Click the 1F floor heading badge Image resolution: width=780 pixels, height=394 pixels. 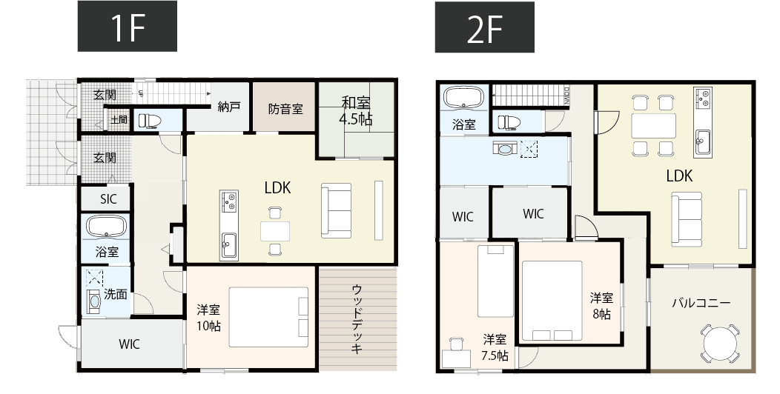[127, 27]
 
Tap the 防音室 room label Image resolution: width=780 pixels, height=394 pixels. [285, 109]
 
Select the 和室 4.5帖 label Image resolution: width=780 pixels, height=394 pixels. [356, 110]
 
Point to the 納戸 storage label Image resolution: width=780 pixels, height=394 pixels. [229, 107]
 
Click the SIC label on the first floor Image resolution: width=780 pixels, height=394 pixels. [107, 198]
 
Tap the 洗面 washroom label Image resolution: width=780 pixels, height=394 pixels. [115, 294]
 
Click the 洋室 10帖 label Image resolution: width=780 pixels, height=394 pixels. [208, 317]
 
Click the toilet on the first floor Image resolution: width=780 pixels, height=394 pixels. [151, 120]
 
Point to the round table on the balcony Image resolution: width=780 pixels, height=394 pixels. [718, 344]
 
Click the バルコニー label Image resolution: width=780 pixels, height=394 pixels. [701, 304]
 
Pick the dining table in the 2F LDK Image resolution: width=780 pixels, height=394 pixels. [653, 126]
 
